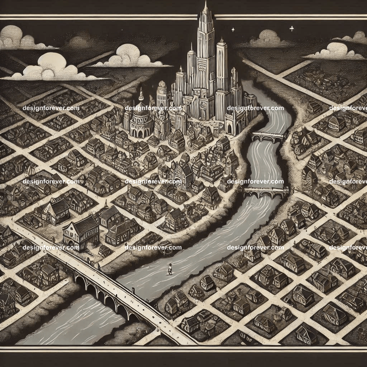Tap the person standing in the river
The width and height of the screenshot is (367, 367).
[x=170, y=268]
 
